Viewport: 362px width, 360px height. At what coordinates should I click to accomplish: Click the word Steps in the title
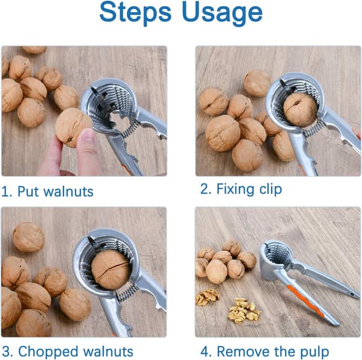[x=135, y=12]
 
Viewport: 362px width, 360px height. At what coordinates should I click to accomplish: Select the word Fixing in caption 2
[x=235, y=190]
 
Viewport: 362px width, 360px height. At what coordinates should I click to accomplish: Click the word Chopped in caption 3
[x=48, y=352]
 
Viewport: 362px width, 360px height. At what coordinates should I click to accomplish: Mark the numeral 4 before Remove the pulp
[x=205, y=352]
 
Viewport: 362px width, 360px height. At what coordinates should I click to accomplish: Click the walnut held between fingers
[x=72, y=127]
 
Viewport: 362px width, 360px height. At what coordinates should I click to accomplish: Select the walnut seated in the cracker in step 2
[x=300, y=109]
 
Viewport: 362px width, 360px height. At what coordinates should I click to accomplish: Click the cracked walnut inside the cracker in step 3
[x=110, y=270]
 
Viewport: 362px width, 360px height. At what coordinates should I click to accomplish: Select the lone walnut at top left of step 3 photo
[x=28, y=237]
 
